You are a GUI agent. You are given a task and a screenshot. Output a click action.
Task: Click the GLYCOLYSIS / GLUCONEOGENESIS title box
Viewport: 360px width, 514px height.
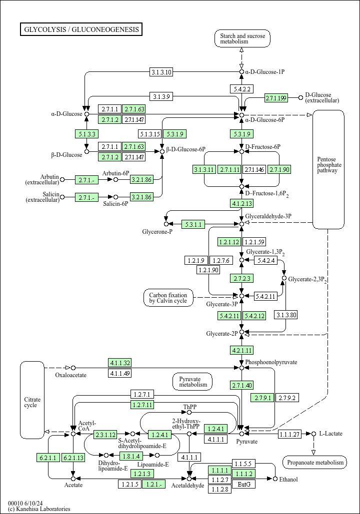pos(81,29)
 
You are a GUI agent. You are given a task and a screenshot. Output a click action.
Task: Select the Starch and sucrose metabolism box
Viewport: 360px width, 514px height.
pos(242,38)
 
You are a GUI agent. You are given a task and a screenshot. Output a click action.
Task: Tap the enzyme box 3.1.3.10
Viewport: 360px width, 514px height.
pos(161,72)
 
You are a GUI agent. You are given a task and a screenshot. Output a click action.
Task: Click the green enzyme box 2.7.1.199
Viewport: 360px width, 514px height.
pos(276,98)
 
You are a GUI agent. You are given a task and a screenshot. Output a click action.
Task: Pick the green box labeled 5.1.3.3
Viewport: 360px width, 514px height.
pos(86,134)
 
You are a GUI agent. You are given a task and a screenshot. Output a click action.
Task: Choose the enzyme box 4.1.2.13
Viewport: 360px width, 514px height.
pos(242,204)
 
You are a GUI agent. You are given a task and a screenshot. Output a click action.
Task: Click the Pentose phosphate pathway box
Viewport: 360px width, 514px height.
pos(328,169)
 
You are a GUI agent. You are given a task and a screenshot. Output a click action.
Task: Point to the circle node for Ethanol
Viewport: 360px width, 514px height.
pos(275,479)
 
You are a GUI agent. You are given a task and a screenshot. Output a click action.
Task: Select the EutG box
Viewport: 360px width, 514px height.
pos(244,484)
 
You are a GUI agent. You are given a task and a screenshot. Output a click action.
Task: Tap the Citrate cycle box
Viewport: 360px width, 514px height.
pos(32,400)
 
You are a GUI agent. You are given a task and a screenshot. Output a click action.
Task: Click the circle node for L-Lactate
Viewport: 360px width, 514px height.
pos(313,434)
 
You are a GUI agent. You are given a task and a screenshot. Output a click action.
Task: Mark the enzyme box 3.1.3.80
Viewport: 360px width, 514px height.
pos(286,315)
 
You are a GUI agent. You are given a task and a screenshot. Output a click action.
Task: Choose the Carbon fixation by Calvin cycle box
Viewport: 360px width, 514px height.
pos(168,298)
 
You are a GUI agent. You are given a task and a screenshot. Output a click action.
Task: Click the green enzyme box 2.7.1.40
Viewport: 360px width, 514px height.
pos(242,386)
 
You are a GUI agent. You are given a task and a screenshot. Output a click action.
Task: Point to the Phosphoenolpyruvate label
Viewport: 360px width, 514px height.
pos(271,362)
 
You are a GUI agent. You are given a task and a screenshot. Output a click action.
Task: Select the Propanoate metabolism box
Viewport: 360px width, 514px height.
pos(314,462)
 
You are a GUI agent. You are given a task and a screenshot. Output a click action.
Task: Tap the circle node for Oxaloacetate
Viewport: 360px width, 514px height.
pos(73,368)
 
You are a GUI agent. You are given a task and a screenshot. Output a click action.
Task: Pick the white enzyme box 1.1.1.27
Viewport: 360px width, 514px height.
pos(289,435)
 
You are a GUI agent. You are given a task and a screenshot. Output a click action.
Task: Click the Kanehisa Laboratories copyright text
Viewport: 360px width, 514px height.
pos(39,509)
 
